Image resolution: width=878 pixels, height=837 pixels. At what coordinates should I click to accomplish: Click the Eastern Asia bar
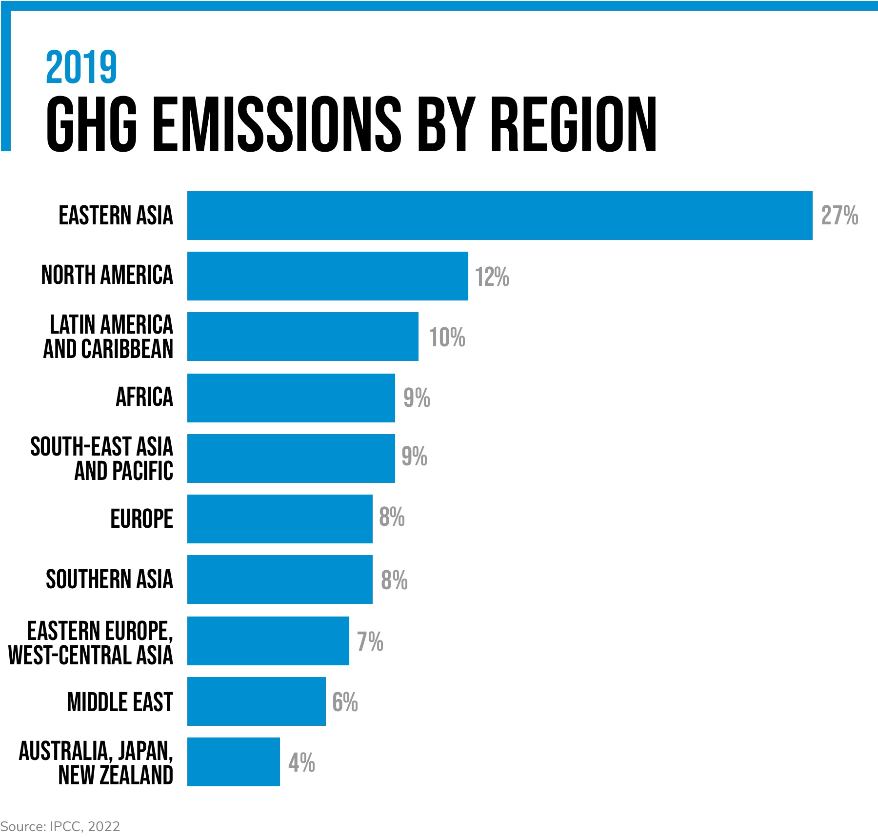pos(499,216)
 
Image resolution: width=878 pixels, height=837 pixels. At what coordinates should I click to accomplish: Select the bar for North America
pos(327,276)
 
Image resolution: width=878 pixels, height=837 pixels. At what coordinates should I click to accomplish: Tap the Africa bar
pos(291,398)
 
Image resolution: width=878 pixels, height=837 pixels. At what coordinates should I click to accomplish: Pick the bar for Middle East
pos(256,701)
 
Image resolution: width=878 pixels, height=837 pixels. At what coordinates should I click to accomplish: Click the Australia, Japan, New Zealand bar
pos(233,762)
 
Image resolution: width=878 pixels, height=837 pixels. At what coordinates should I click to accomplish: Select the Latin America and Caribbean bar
pos(302,337)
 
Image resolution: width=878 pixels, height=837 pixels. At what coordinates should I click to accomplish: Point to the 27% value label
pos(839,216)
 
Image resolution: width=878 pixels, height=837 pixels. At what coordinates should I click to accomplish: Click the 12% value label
pos(492,277)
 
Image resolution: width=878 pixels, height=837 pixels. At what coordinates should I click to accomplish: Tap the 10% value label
pos(447,338)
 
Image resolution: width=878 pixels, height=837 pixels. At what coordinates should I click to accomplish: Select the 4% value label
pos(301,763)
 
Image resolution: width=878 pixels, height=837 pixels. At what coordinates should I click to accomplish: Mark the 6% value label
pos(345,702)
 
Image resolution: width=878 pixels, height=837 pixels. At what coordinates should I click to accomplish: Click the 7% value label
pos(370,641)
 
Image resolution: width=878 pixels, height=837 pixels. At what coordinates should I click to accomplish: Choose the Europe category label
pos(141,518)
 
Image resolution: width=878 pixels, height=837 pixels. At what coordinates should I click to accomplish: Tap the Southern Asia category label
pos(109,579)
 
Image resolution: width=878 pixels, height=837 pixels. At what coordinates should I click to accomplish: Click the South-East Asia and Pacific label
pos(101,458)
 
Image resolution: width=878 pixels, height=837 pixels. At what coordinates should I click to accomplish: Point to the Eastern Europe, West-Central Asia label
pos(91,643)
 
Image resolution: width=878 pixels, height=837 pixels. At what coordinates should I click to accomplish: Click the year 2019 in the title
pos(81,67)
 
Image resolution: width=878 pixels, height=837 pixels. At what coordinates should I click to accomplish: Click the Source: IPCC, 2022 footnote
pos(60,826)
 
